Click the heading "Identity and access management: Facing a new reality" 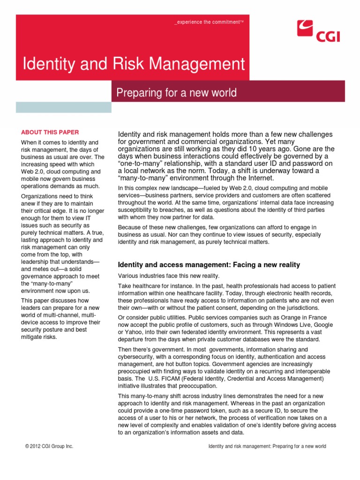209,265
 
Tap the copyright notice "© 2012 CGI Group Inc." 49,446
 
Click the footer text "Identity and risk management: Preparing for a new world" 267,446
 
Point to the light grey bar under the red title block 64,107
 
